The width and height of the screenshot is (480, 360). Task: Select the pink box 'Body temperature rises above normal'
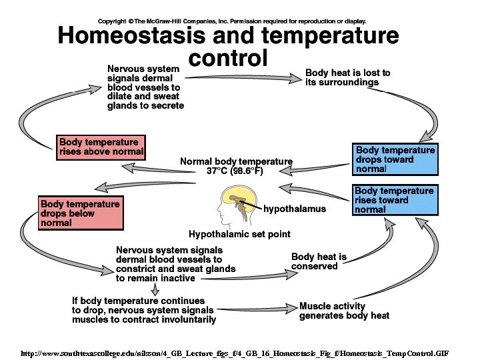click(x=101, y=147)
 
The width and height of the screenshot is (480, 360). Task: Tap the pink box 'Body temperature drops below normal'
click(x=81, y=213)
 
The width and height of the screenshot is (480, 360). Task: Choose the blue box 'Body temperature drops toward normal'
click(x=395, y=160)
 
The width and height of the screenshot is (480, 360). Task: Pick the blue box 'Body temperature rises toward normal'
click(x=395, y=200)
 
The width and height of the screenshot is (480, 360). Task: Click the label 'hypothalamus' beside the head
click(x=295, y=209)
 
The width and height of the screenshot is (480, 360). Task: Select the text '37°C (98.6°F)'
click(x=236, y=171)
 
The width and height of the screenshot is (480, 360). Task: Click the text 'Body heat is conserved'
click(x=319, y=261)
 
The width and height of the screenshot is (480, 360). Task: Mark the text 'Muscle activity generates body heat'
click(x=344, y=311)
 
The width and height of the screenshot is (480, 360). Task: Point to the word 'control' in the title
click(x=227, y=58)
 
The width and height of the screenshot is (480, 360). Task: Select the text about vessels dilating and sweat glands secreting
click(x=145, y=87)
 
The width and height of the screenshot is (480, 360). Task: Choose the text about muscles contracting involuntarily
click(x=144, y=310)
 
